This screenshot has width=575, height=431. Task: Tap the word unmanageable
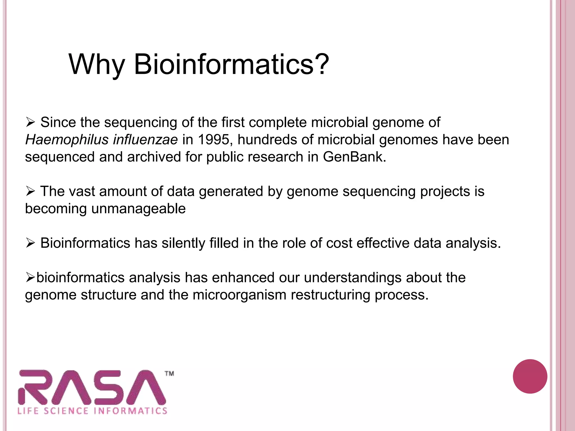[138, 209]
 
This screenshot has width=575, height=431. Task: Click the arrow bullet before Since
[30, 122]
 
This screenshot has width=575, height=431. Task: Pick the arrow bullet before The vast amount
[30, 191]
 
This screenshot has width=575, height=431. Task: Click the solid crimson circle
[530, 376]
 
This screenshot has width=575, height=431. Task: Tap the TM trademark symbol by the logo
[169, 373]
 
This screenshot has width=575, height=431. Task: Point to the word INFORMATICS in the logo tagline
[131, 411]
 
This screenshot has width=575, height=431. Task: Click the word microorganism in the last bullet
[239, 295]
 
